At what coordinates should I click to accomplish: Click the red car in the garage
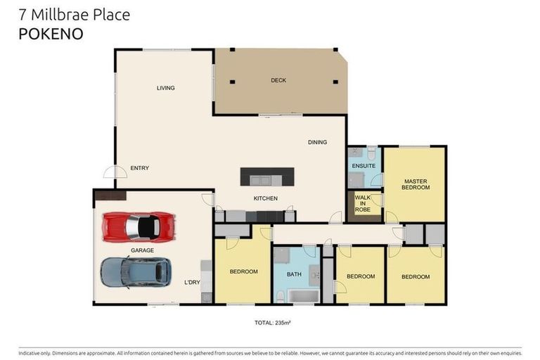139,226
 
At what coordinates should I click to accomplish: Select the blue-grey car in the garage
135,271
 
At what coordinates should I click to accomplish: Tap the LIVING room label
165,88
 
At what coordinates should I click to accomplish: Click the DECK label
278,80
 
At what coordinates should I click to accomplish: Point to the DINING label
317,142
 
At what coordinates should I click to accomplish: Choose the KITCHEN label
266,198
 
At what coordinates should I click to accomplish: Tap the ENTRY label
139,168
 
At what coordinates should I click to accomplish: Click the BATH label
293,274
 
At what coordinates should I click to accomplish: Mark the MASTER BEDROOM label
415,185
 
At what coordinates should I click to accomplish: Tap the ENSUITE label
364,166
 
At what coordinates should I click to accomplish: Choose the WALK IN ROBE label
363,203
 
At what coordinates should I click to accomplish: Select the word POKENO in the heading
51,32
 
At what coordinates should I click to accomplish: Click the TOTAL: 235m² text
273,323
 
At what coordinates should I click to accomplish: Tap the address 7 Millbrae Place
74,14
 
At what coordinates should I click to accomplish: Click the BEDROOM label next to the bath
243,271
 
